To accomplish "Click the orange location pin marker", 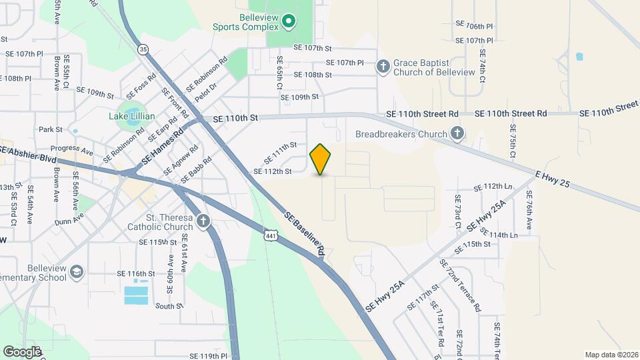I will point(321,159).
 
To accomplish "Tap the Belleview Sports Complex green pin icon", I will point(289,22).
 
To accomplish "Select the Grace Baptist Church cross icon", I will point(383,66).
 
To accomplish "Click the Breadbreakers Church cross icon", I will point(457,134).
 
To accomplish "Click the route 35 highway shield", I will point(143,49).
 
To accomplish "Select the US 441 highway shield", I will point(270,236).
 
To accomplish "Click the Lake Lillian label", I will point(132,116).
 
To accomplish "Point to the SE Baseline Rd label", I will point(304,233).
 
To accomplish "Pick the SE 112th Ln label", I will point(493,187).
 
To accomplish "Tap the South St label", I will point(169,306).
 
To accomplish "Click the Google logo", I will point(22,351).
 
